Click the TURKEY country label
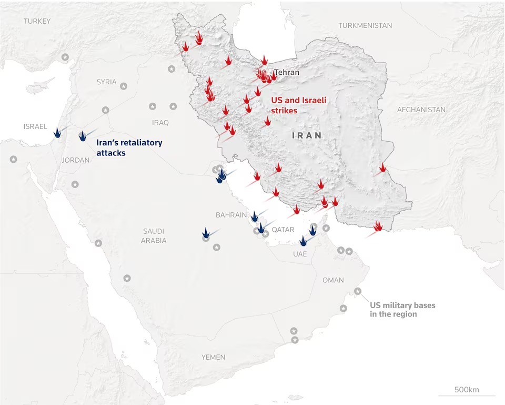tap(37, 21)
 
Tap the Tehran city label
tap(287, 72)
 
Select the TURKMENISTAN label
tap(365, 25)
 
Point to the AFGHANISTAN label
tap(421, 110)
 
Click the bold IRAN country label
tap(307, 135)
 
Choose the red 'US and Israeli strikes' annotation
tap(292, 105)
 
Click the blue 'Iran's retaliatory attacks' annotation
tap(129, 147)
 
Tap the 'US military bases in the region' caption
tap(402, 310)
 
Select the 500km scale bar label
tap(467, 390)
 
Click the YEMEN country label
tap(213, 357)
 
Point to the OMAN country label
tap(333, 280)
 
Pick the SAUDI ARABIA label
tap(154, 235)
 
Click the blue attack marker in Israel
tap(57, 133)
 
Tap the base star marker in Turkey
tap(65, 57)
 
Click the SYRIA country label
tap(106, 82)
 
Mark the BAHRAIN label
tap(231, 215)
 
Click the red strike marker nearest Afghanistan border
tap(382, 168)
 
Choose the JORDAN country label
tap(76, 160)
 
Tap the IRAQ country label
tap(160, 122)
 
